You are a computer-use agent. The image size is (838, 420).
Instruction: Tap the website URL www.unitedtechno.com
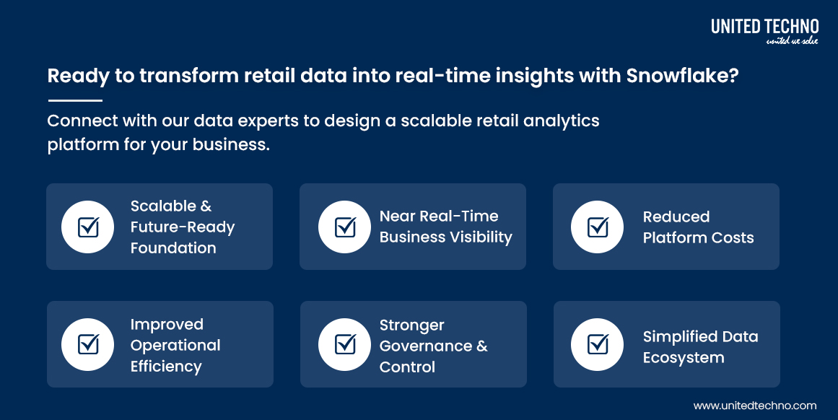755,406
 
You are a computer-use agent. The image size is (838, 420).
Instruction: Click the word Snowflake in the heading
682,76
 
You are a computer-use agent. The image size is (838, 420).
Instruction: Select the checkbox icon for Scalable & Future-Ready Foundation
88,227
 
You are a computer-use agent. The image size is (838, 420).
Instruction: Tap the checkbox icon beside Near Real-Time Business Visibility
345,227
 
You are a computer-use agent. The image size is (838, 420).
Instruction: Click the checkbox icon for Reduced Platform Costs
598,227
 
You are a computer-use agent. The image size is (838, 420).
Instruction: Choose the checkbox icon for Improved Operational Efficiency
88,345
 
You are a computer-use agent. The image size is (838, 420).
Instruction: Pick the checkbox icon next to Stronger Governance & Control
345,345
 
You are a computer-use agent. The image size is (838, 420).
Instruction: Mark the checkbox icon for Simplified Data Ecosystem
598,345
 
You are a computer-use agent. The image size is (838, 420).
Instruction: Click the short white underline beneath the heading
75,100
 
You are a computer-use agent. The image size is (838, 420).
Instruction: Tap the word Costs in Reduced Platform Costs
730,238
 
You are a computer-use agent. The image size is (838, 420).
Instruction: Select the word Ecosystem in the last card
683,358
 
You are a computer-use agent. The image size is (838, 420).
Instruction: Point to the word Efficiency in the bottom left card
166,367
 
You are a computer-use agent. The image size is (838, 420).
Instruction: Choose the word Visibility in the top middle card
479,237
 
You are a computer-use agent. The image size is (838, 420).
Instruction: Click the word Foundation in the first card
173,248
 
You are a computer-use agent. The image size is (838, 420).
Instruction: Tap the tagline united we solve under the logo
792,41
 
